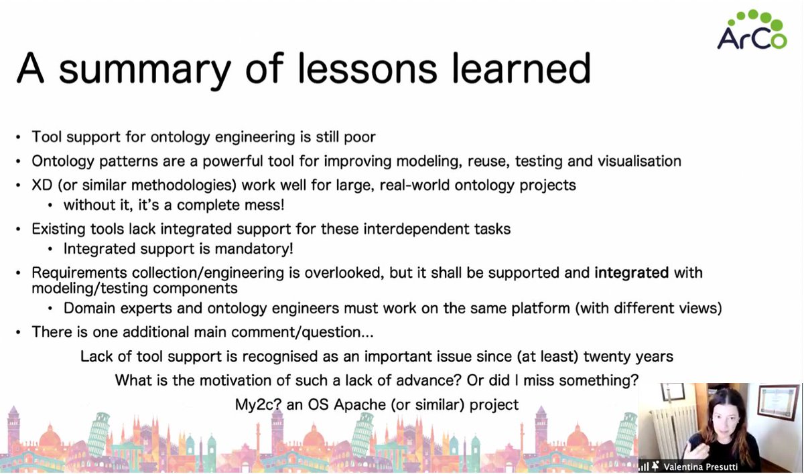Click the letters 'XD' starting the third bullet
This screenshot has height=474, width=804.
(41, 184)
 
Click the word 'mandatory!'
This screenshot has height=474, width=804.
(258, 249)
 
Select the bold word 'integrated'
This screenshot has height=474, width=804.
(631, 272)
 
